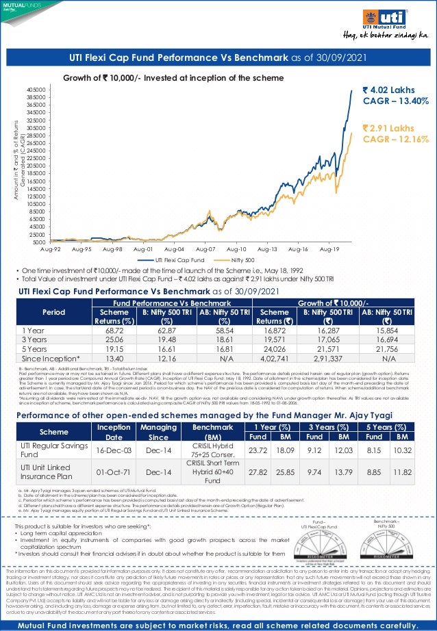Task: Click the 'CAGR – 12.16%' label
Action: [395, 140]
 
